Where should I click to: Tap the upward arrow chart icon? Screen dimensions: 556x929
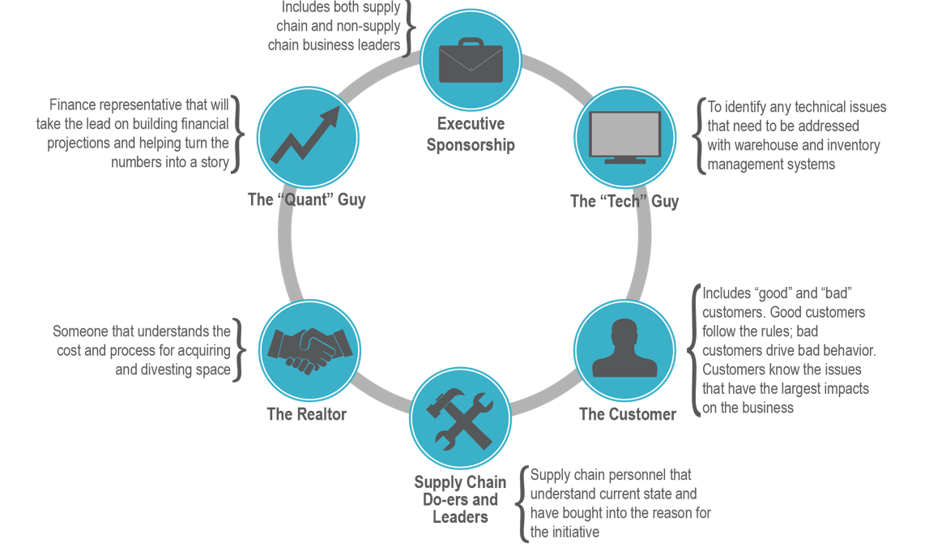(x=307, y=136)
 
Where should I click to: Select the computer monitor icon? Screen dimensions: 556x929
(x=624, y=137)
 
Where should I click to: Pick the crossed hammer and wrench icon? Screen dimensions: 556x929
(x=460, y=419)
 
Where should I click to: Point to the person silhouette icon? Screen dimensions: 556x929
(x=624, y=349)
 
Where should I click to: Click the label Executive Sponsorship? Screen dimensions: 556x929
(x=471, y=135)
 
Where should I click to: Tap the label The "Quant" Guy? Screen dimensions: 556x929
(x=306, y=199)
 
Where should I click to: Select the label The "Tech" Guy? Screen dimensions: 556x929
(x=624, y=201)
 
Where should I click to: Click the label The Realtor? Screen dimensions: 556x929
(x=306, y=414)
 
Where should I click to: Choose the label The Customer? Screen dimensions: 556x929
(x=628, y=414)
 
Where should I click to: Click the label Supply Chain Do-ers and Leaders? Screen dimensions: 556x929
(x=460, y=499)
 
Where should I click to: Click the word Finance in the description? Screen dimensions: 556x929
(x=72, y=105)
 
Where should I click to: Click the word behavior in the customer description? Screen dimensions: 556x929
(x=848, y=351)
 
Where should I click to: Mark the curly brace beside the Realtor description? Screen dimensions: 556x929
(x=237, y=351)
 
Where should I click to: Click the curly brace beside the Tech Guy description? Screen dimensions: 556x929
(x=698, y=135)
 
